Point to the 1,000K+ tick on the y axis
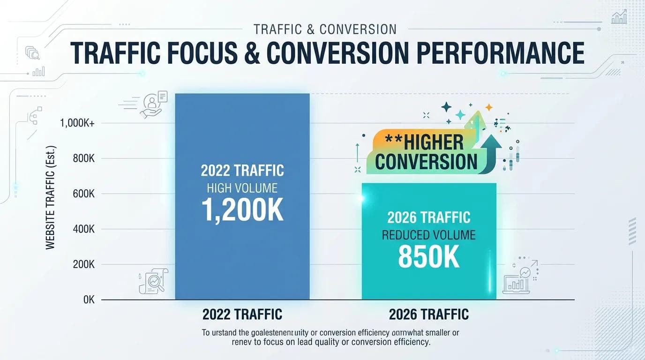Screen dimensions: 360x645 [77, 123]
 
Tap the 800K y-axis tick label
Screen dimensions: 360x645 [84, 158]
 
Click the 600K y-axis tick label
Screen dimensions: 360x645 [84, 194]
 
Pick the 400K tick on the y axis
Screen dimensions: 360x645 [84, 229]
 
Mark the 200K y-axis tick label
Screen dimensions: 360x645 [84, 264]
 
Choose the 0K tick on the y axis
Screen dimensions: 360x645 [89, 300]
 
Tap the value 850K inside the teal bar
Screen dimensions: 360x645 [428, 257]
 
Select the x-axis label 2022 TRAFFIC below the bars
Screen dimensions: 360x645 [242, 314]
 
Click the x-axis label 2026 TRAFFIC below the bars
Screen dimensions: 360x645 [428, 314]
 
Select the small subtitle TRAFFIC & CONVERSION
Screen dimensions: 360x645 [324, 29]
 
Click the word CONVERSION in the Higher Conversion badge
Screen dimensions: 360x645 [426, 162]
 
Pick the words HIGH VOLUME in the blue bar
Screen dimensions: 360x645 [242, 188]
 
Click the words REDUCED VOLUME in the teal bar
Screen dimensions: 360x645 [428, 235]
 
